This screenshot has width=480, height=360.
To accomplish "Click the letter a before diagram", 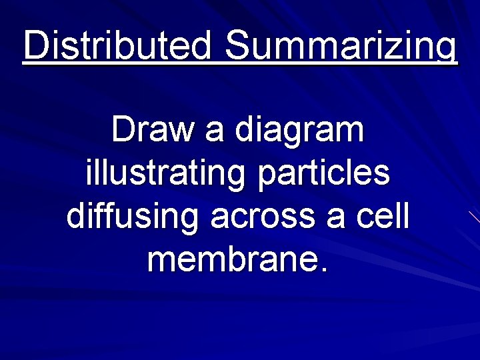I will [x=215, y=131].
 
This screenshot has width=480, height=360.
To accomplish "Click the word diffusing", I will [x=133, y=217].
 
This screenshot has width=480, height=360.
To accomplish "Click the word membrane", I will [x=229, y=259].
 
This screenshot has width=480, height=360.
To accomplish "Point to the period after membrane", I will [x=325, y=269].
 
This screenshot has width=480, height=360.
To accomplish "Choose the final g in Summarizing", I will [x=447, y=51].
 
